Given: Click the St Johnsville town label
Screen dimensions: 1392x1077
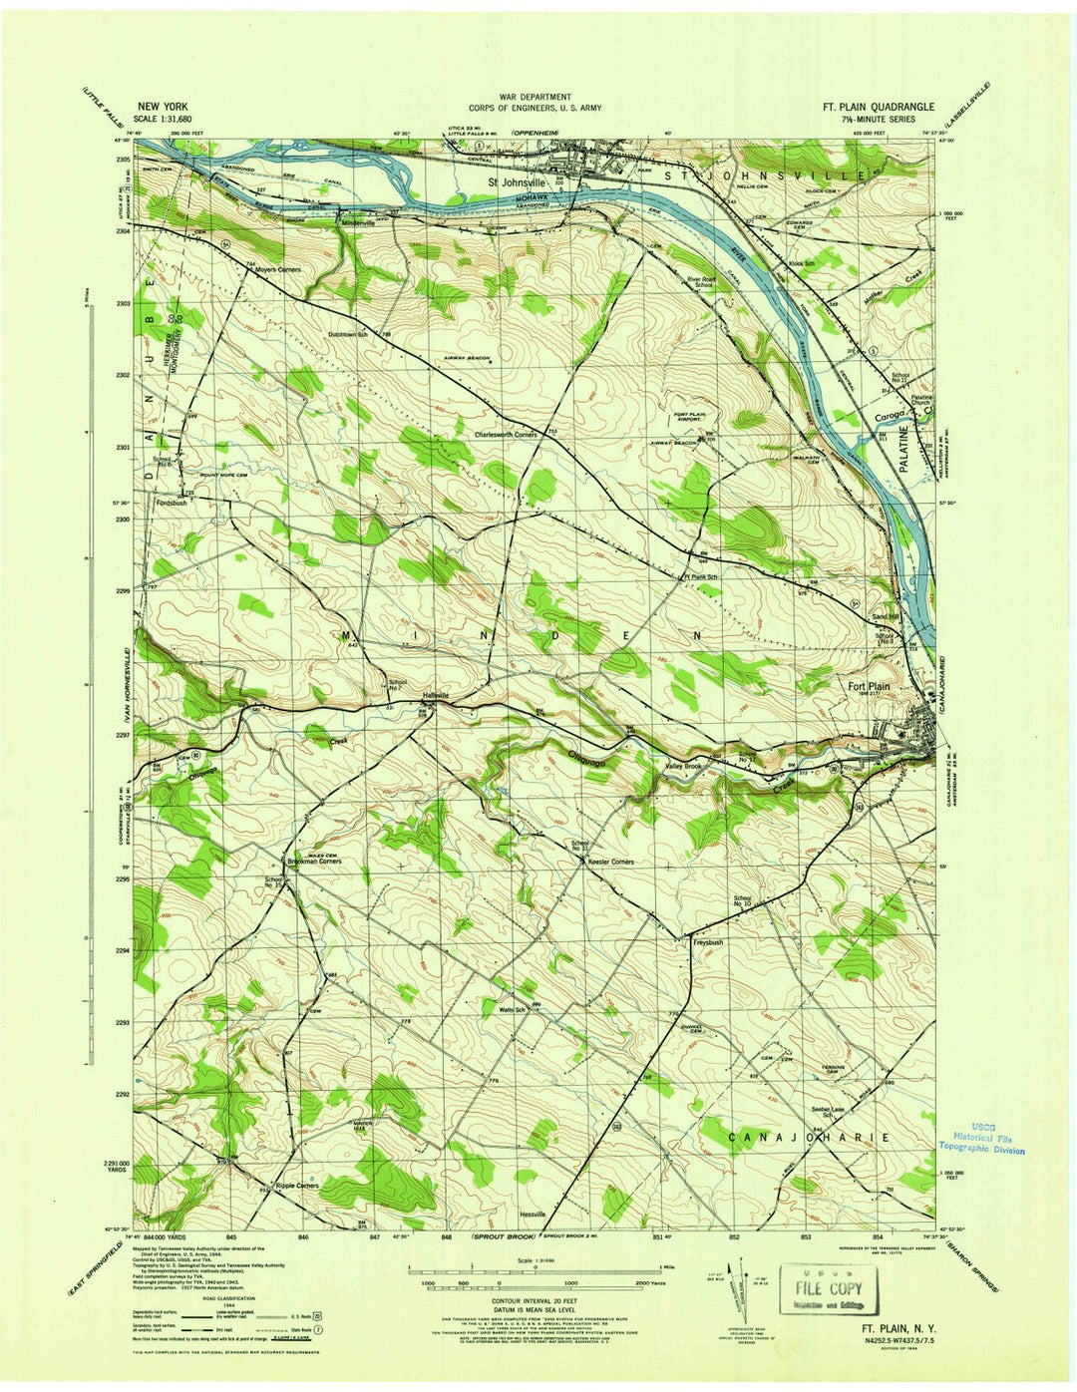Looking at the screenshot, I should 518,183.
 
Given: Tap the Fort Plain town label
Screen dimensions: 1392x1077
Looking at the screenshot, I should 869,687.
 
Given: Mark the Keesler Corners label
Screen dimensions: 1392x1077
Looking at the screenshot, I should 611,862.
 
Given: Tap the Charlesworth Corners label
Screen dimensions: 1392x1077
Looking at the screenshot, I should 506,435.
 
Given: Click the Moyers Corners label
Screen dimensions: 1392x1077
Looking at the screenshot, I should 277,270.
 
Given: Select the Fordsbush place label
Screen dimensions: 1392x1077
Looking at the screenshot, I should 172,503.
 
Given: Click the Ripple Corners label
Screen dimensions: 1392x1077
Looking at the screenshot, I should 297,1186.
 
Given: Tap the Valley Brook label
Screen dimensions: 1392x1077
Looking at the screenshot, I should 684,766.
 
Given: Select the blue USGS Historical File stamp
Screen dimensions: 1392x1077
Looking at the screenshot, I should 983,1137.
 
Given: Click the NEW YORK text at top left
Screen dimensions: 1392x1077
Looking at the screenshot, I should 161,105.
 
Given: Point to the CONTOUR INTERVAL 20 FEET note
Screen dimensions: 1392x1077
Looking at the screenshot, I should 538,1302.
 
